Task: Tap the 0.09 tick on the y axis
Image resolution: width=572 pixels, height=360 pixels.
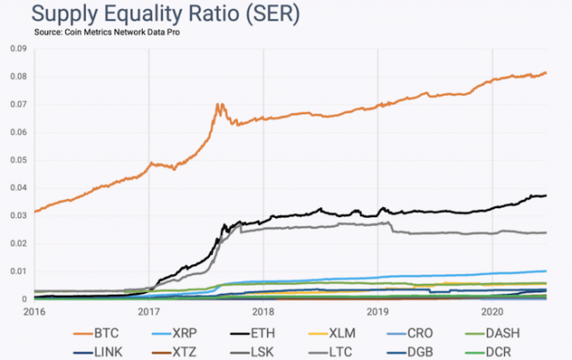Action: coord(17,48)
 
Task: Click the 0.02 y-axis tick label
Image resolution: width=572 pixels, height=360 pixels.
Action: coord(17,243)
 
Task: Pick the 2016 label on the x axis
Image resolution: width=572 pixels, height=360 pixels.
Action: coord(34,311)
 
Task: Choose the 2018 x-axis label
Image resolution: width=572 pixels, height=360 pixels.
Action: coord(263,311)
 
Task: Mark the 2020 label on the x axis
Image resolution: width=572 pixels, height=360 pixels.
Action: coord(492,311)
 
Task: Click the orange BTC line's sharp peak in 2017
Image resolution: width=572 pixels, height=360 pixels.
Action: coord(217,104)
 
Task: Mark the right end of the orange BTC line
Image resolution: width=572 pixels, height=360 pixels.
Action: coord(545,73)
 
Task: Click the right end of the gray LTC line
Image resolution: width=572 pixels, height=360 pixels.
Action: coord(545,232)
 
